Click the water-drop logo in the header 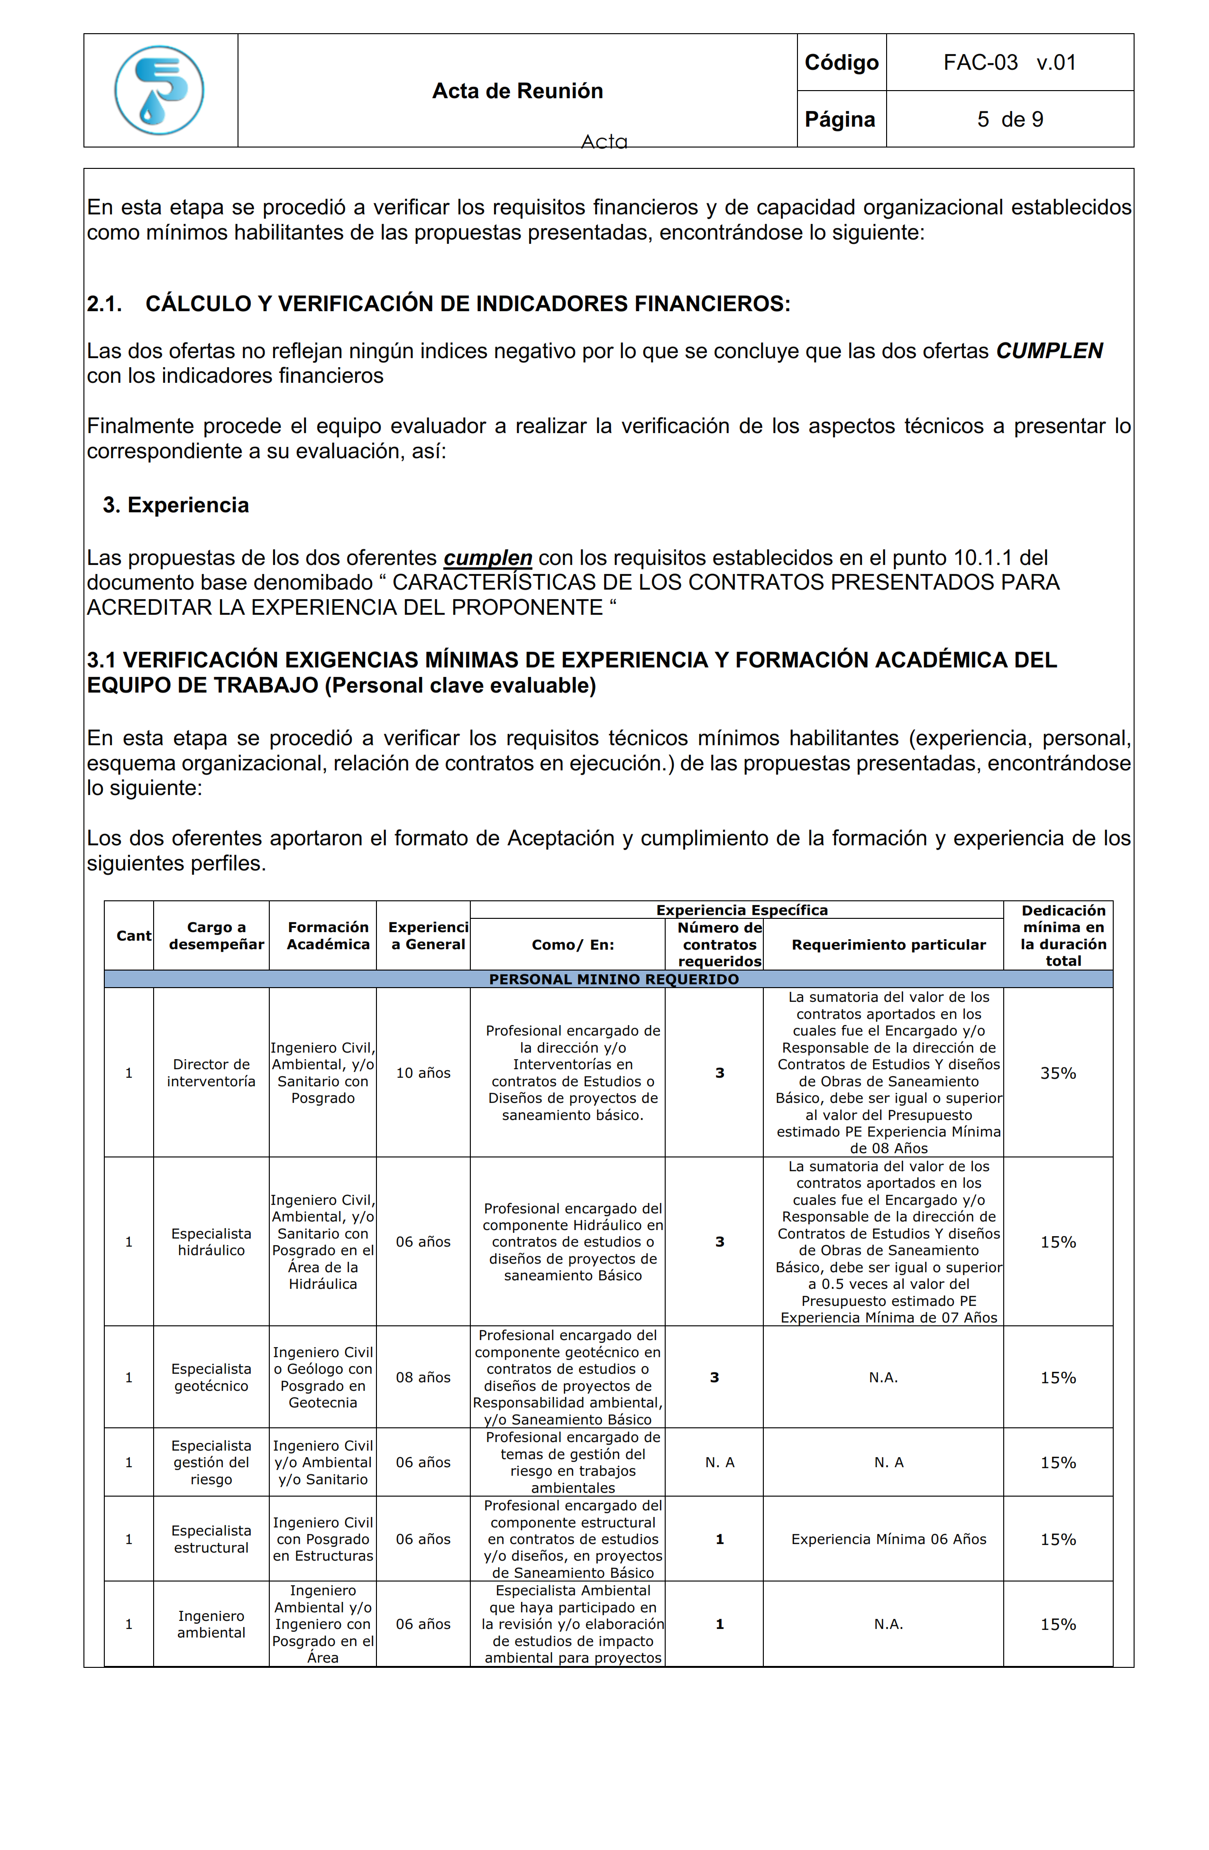point(159,90)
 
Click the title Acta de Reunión point(517,91)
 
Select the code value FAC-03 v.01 point(1009,62)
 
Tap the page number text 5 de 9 point(1009,119)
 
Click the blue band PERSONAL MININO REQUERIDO point(613,979)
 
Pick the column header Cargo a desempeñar point(216,935)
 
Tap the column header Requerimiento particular point(888,944)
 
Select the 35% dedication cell point(1057,1073)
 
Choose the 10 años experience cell point(423,1073)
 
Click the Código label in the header point(841,62)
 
